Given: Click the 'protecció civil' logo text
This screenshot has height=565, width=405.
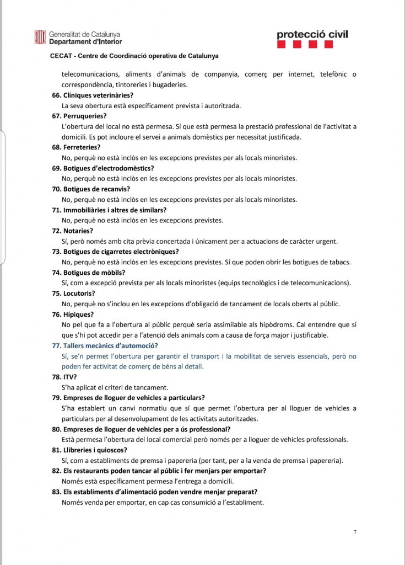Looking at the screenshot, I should [x=312, y=35].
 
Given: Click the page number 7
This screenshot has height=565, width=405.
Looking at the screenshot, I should [x=355, y=532].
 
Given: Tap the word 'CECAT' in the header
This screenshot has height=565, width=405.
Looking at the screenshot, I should [x=60, y=56].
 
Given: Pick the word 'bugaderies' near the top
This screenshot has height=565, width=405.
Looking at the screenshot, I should [x=170, y=84].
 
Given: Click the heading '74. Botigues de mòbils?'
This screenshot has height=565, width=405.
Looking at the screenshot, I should [x=89, y=273].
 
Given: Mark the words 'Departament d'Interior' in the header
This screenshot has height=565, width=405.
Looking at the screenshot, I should [x=85, y=41].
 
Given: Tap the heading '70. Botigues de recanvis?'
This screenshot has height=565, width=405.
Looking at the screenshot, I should [x=91, y=189].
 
